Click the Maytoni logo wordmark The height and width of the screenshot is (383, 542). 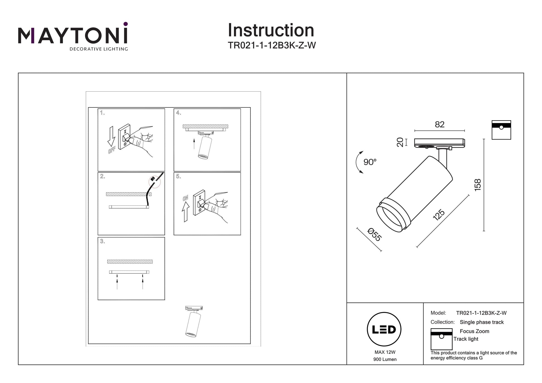coord(73,35)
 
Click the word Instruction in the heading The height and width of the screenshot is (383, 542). coord(271,30)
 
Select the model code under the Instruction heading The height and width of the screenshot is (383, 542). coord(272,45)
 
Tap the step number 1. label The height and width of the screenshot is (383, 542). coord(102,113)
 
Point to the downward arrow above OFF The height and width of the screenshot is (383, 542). coord(111,136)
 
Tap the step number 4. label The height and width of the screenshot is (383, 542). coord(179,113)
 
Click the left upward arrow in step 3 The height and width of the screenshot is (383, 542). coord(117,281)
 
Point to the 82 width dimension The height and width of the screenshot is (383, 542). coord(440,124)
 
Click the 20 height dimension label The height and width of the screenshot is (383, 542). coord(400,142)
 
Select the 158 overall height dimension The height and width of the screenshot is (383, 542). coord(477,185)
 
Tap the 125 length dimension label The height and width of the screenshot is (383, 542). coord(439,215)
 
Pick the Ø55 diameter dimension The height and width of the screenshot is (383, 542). coord(374,234)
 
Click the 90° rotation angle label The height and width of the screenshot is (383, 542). coord(370,162)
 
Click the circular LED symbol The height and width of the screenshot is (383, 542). coord(384,329)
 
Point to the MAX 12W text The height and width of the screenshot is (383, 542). coord(385,352)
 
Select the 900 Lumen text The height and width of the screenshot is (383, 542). coord(385,359)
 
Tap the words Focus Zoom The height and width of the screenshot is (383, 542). coord(474,331)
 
